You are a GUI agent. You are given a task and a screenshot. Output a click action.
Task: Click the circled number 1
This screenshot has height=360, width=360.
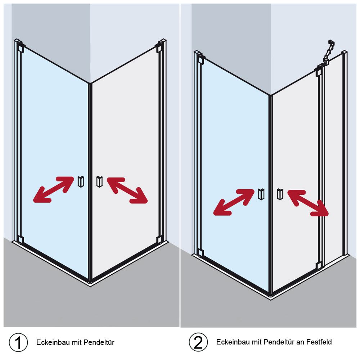pos(18,342)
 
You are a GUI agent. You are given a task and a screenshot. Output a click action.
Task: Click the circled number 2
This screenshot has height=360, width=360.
pos(198,342)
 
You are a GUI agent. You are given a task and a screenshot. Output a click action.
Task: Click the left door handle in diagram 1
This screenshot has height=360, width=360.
pos(81,181)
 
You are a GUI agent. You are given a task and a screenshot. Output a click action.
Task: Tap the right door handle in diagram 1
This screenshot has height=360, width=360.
pos(99,181)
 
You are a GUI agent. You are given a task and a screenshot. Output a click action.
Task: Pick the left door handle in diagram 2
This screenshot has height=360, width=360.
pos(261,194)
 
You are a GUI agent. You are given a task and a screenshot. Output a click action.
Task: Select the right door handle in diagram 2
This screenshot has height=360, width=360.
pos(280,194)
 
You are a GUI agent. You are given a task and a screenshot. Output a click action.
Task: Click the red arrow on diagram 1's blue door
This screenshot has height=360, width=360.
pos(54,189)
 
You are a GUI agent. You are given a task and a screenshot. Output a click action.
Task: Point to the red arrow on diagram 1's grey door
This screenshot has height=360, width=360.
pos(127,190)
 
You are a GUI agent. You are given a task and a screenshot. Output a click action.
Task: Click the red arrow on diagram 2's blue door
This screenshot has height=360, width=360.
pos(234,202)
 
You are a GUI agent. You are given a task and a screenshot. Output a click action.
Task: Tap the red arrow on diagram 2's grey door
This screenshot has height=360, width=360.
pos(308,203)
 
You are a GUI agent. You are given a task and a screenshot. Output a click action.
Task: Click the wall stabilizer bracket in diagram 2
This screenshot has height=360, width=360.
pos(328,51)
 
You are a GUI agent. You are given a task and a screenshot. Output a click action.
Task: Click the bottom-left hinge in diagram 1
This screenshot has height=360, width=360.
pos(20,239)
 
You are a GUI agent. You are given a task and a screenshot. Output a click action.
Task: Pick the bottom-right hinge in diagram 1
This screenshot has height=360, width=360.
pos(159,239)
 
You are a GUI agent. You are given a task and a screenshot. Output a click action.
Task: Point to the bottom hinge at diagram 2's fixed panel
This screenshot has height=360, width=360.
pos(319,266)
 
